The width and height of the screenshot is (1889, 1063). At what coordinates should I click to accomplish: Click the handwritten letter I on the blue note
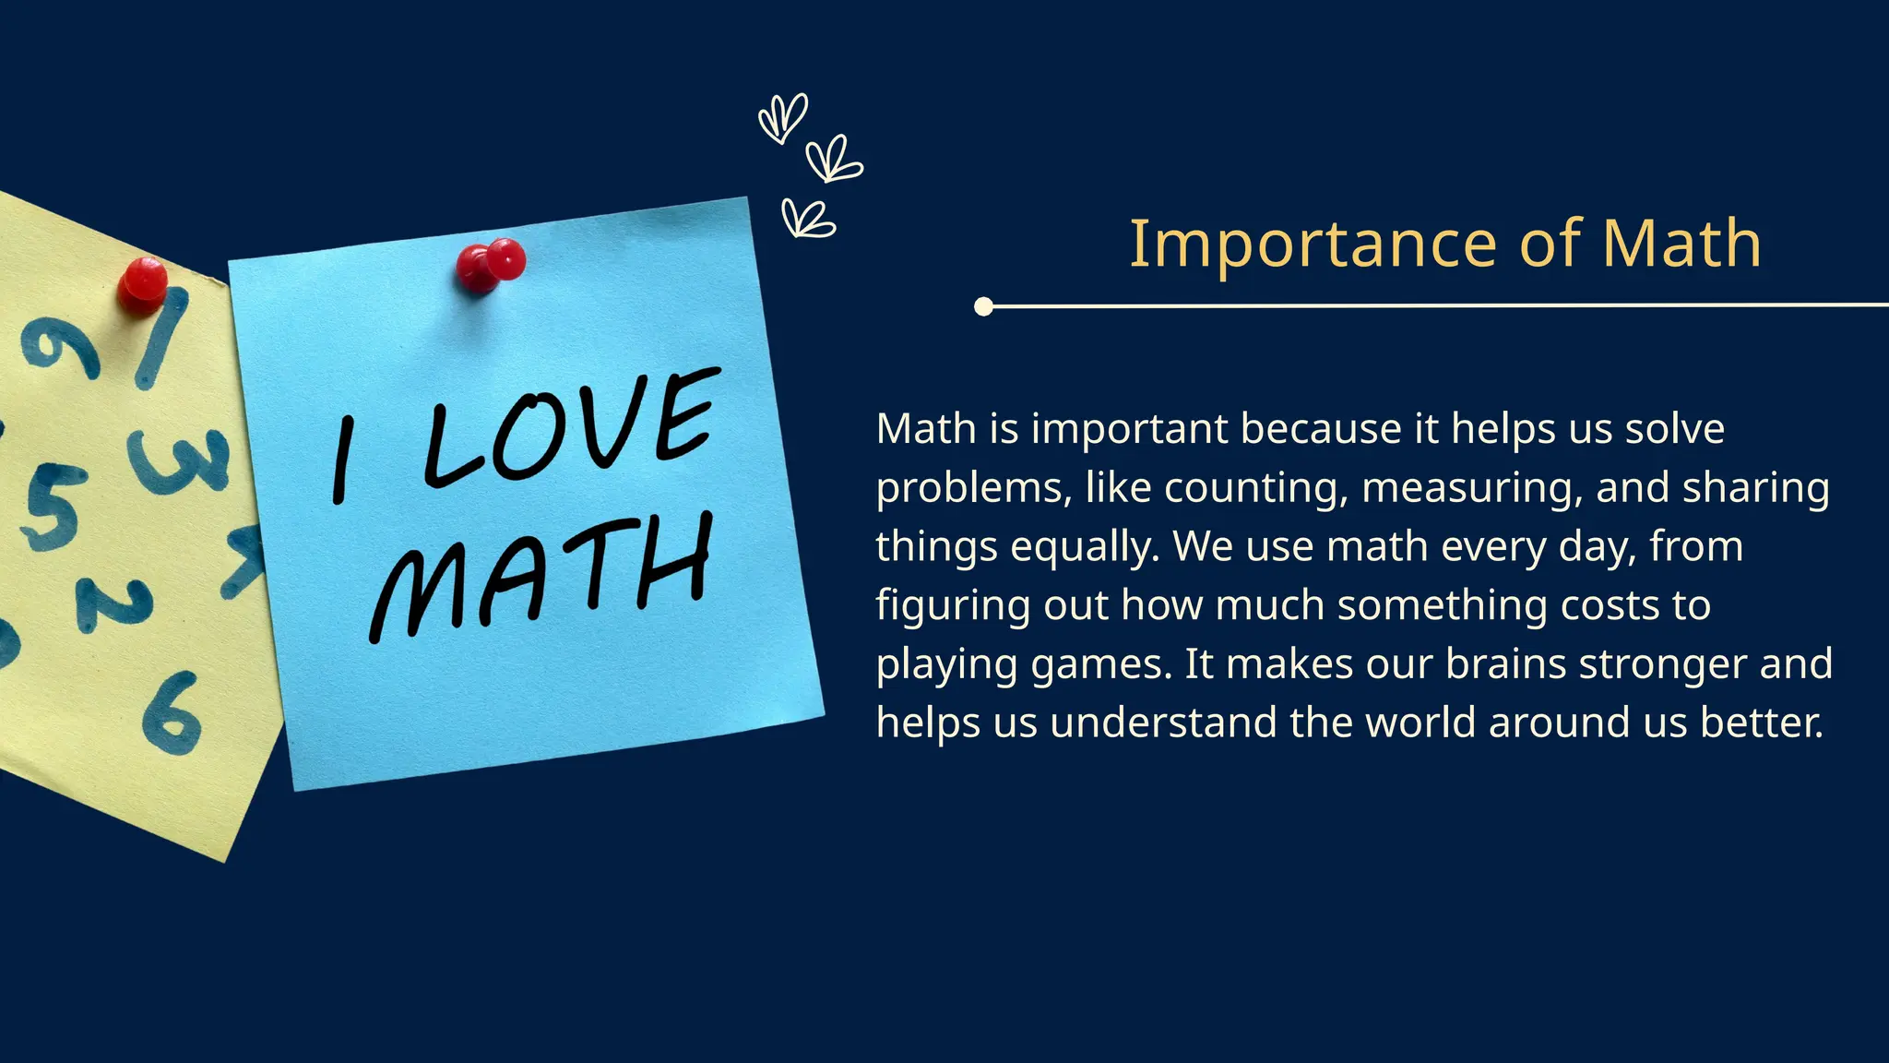coord(342,459)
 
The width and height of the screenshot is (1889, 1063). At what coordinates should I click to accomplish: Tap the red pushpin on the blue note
coord(492,263)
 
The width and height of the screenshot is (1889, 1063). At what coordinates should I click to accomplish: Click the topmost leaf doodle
coord(783,117)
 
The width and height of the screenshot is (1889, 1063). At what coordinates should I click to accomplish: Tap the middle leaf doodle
coord(833,160)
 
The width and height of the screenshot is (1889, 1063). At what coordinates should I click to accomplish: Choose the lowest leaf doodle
coord(806,219)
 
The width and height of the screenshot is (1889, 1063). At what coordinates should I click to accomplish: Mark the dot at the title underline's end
coord(984,306)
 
